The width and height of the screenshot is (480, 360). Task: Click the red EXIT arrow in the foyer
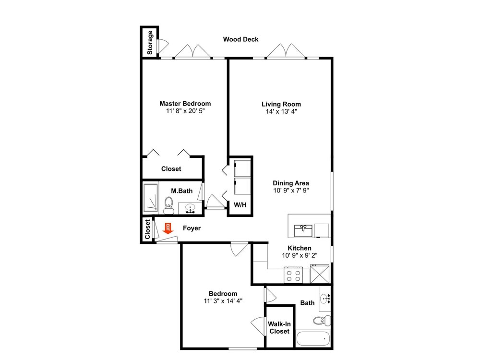click(168, 228)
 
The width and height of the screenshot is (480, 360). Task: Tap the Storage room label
click(150, 43)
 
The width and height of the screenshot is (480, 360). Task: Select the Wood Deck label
click(240, 39)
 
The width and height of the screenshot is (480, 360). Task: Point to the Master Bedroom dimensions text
click(185, 111)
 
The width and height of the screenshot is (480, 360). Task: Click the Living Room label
click(281, 104)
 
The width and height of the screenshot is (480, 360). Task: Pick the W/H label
click(240, 205)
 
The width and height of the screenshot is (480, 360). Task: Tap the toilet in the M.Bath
click(168, 205)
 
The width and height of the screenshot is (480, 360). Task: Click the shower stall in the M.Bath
click(151, 198)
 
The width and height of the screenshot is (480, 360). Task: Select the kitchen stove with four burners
click(293, 275)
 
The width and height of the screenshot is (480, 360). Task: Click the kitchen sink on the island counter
click(303, 230)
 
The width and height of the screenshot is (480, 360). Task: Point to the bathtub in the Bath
click(313, 339)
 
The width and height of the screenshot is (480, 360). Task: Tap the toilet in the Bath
click(322, 321)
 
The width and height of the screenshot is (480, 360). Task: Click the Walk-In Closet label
click(279, 327)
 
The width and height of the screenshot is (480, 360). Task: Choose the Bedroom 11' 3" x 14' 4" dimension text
click(223, 301)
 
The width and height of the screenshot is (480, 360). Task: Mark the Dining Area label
click(291, 183)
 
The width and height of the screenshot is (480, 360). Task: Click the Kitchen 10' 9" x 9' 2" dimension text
click(300, 255)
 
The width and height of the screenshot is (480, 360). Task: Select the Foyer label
click(192, 228)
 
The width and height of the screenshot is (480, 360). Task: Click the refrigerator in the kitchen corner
click(320, 274)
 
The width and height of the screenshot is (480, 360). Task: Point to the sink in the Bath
click(325, 299)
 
